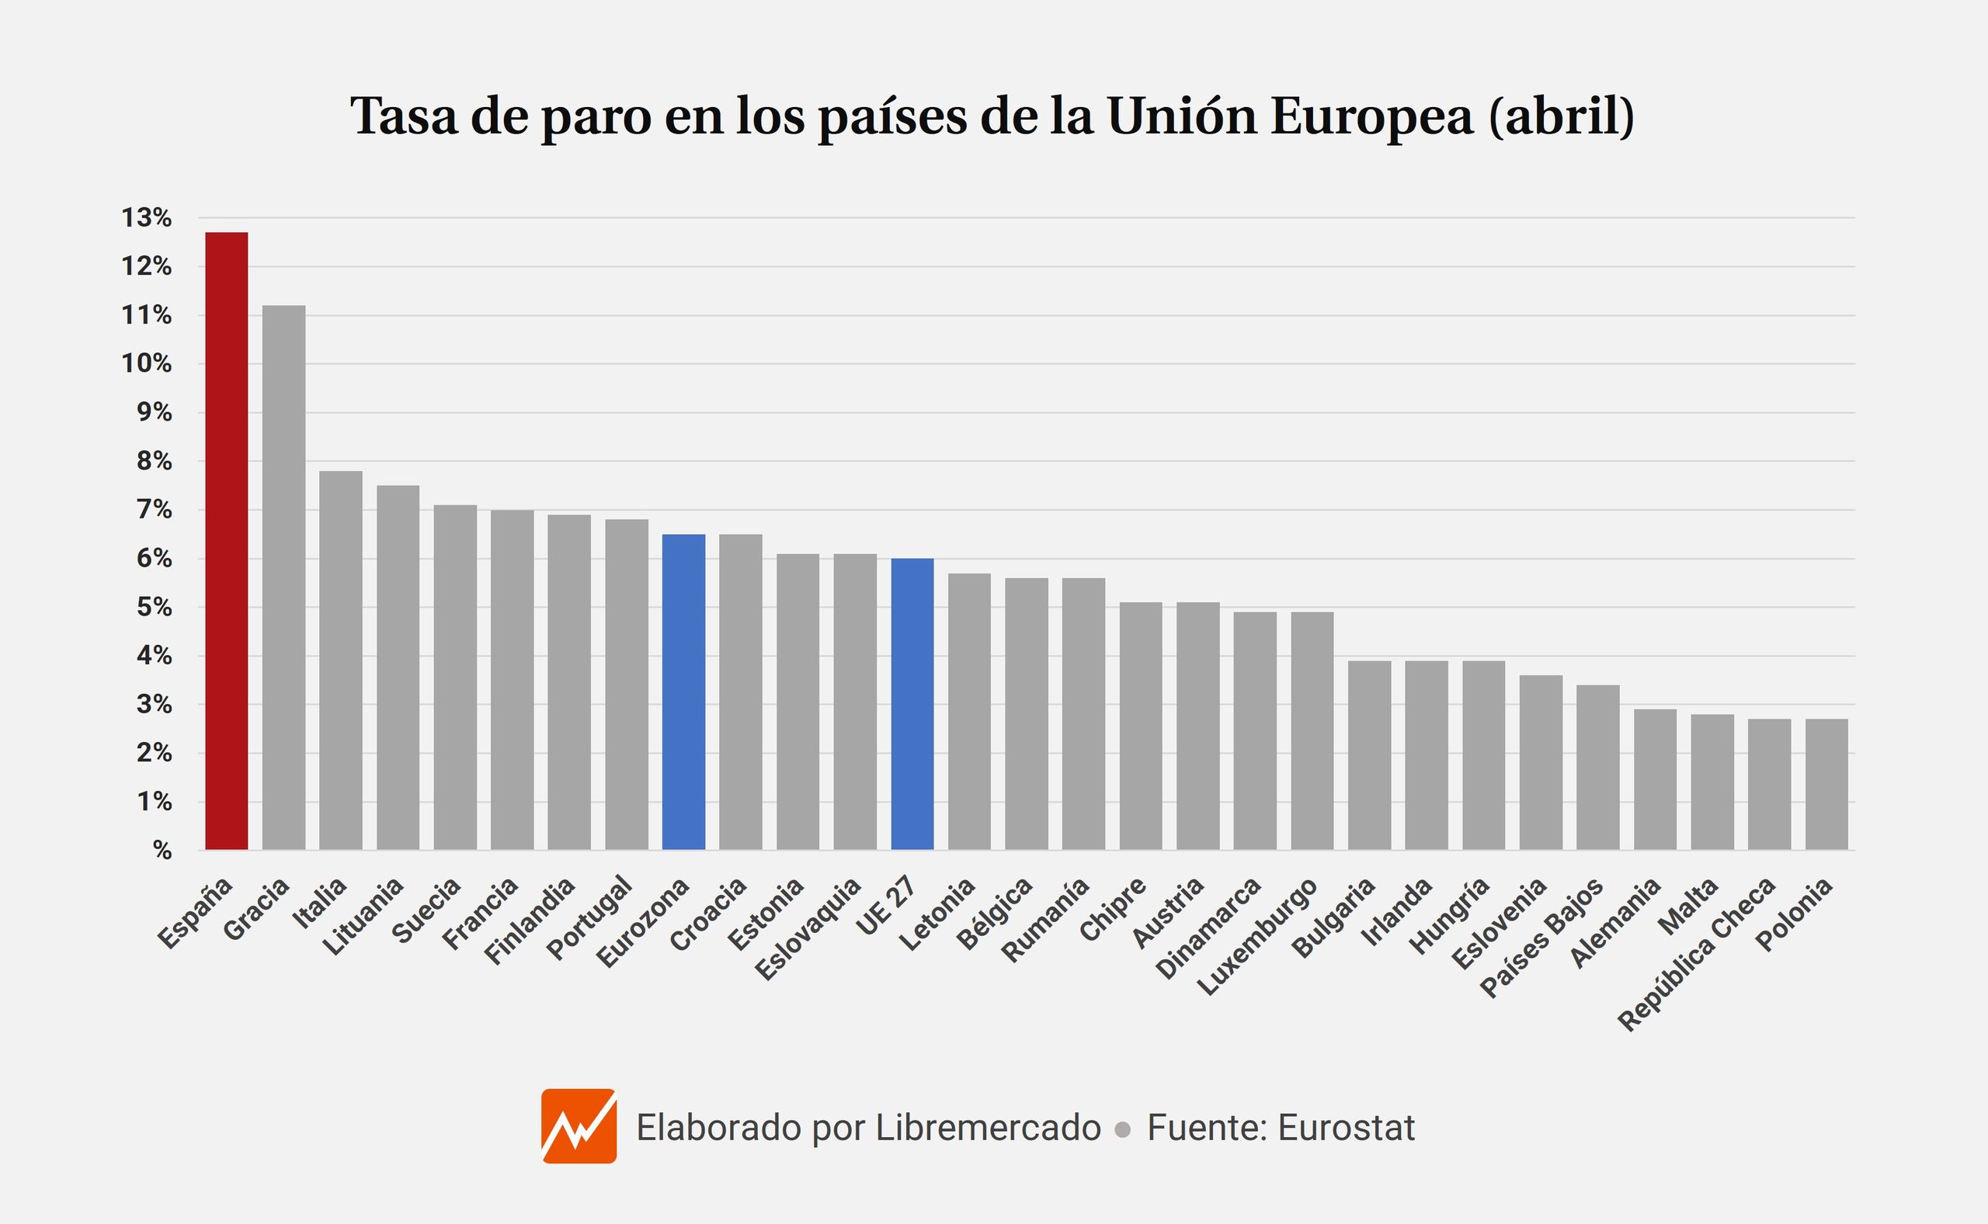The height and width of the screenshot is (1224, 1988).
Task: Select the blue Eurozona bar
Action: point(683,692)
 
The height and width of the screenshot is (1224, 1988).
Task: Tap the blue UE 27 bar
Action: point(912,704)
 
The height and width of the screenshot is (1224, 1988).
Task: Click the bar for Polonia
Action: point(1826,785)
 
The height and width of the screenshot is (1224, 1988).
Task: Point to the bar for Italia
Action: point(340,661)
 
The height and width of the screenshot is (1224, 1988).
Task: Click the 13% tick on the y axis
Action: point(147,218)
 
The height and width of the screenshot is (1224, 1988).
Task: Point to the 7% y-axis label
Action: point(154,510)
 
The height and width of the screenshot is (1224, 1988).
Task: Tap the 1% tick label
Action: point(154,803)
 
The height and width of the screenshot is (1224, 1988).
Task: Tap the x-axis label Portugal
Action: point(589,918)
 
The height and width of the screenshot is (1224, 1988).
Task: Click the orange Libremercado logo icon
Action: point(579,1126)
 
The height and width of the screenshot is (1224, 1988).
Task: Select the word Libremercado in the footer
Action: point(987,1128)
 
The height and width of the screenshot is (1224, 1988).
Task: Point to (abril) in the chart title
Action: point(1560,116)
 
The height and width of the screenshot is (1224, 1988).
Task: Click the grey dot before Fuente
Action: point(1122,1130)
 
